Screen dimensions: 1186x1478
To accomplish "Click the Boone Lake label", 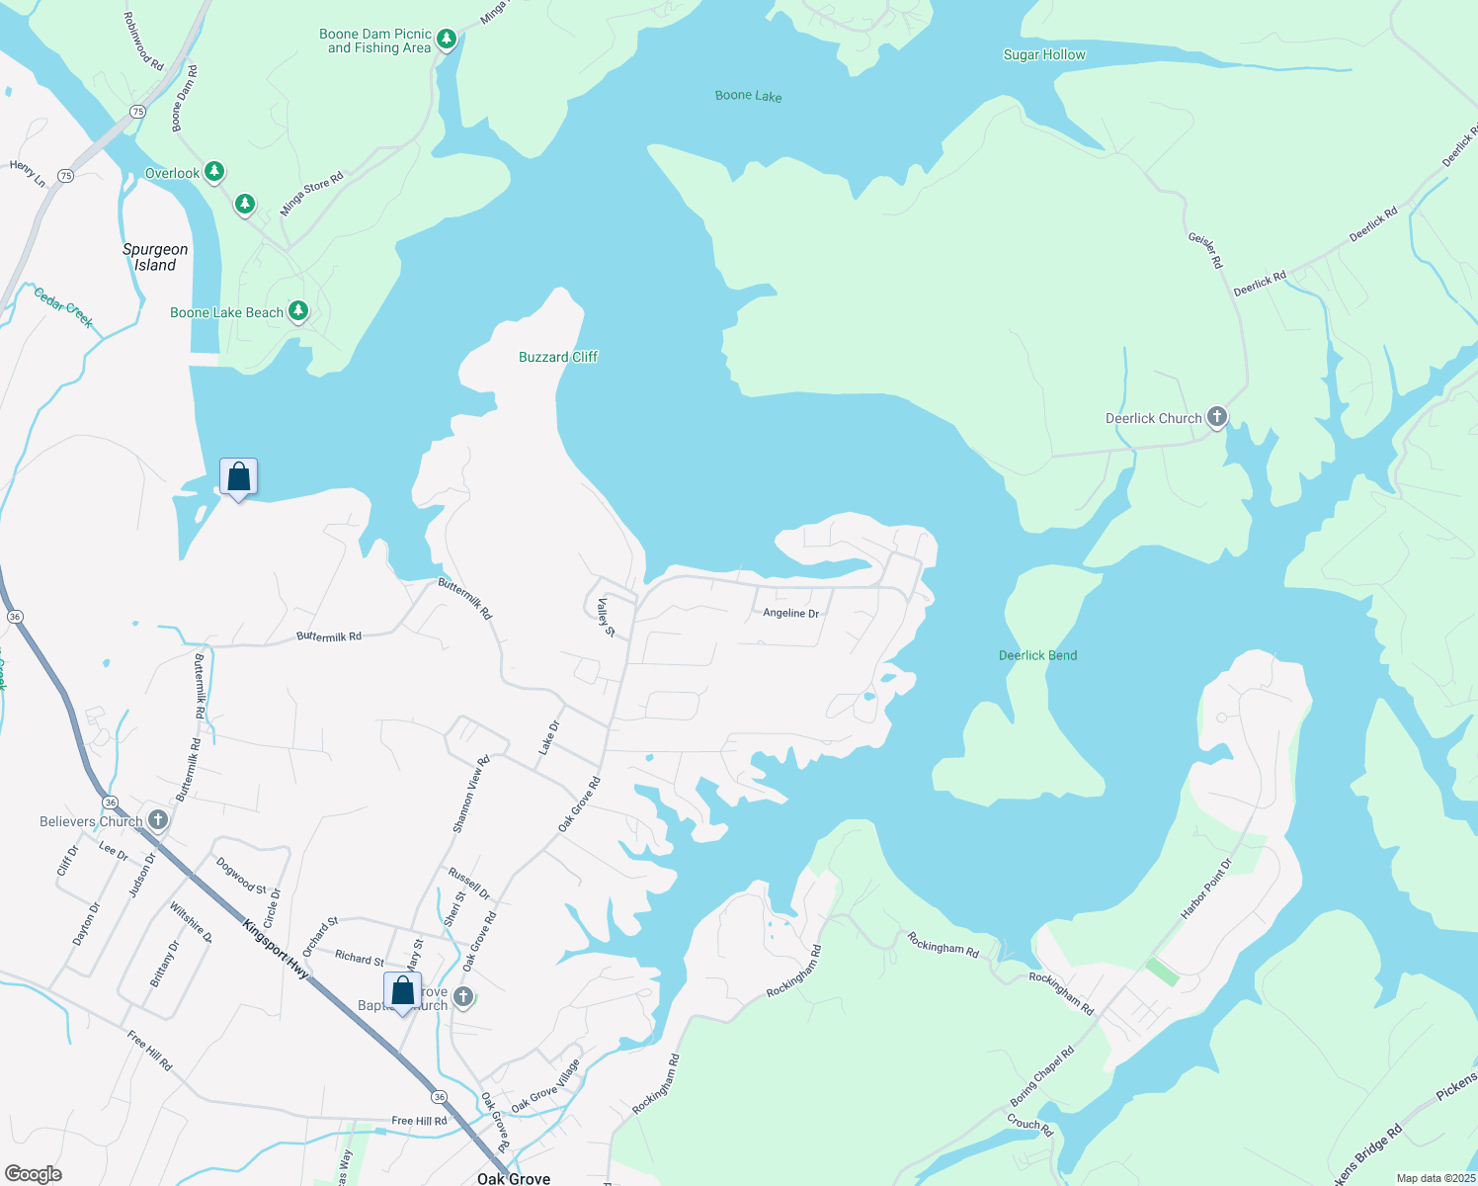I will (x=748, y=96).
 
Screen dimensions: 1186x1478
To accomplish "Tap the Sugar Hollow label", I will (x=1044, y=55).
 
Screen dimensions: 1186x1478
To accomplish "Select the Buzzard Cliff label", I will (x=558, y=357).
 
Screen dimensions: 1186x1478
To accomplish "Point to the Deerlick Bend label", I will (x=1037, y=655).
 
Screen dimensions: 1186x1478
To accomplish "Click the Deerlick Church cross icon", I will (x=1217, y=417).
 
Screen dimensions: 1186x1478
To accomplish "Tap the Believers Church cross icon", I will (x=157, y=820).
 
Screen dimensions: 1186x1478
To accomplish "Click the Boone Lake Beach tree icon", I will (x=297, y=311).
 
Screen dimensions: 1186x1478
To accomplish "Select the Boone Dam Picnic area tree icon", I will (x=447, y=39).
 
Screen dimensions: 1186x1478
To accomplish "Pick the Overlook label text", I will (x=172, y=173).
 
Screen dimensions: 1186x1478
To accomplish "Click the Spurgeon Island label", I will (x=155, y=257).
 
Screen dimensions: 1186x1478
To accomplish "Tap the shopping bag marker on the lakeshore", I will (x=238, y=477).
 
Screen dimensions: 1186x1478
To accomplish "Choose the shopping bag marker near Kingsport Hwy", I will (x=402, y=990).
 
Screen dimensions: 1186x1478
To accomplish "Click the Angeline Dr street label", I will (x=790, y=614).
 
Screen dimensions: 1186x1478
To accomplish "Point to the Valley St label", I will (x=606, y=617).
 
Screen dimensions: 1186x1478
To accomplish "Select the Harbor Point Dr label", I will (x=1206, y=889).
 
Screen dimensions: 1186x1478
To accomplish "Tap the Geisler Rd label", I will (x=1205, y=250).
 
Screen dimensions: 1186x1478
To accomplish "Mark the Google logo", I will (x=34, y=1174).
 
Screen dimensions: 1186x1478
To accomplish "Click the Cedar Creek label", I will (x=63, y=306).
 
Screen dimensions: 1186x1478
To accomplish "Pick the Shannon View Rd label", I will (x=470, y=795).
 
